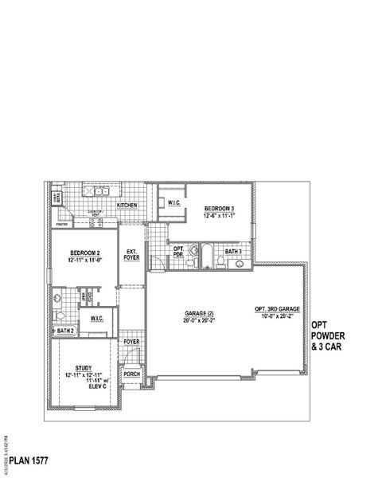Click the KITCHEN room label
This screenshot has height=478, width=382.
click(127, 205)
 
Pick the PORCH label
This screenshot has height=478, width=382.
click(132, 374)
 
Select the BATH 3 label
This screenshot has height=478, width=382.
click(233, 252)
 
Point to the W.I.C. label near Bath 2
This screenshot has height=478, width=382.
click(98, 319)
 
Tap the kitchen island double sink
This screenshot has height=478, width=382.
click(100, 192)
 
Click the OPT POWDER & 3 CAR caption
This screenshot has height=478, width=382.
click(329, 335)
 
